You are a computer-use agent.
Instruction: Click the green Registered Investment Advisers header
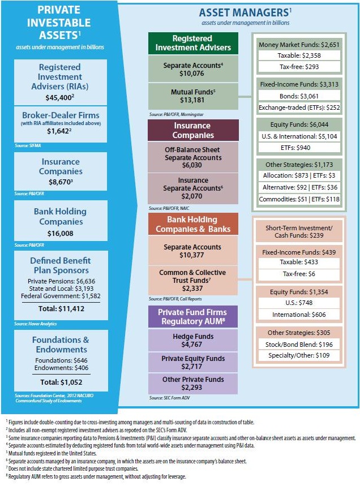(x=193, y=44)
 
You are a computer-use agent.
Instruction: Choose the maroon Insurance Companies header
(x=193, y=131)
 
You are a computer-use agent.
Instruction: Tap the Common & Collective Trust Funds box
(x=193, y=279)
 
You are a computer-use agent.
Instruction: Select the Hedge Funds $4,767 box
(x=193, y=340)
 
